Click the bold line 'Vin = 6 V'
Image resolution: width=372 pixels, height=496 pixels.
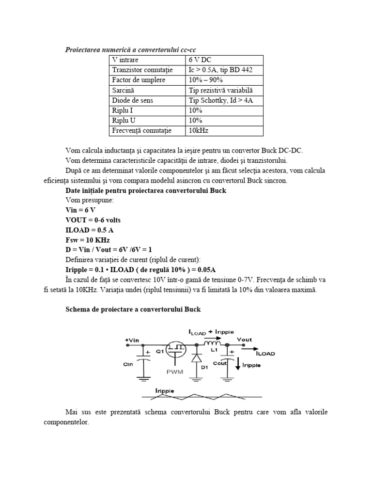(x=80, y=210)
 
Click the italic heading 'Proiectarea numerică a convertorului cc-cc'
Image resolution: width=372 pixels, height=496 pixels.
(x=131, y=49)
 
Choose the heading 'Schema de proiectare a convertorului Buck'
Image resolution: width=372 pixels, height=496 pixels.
(x=132, y=309)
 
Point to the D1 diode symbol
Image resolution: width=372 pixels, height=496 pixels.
(x=197, y=359)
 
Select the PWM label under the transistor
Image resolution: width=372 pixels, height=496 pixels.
(x=174, y=372)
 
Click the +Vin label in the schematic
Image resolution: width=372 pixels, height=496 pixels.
(x=132, y=341)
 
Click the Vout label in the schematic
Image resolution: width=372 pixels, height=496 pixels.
(x=245, y=340)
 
